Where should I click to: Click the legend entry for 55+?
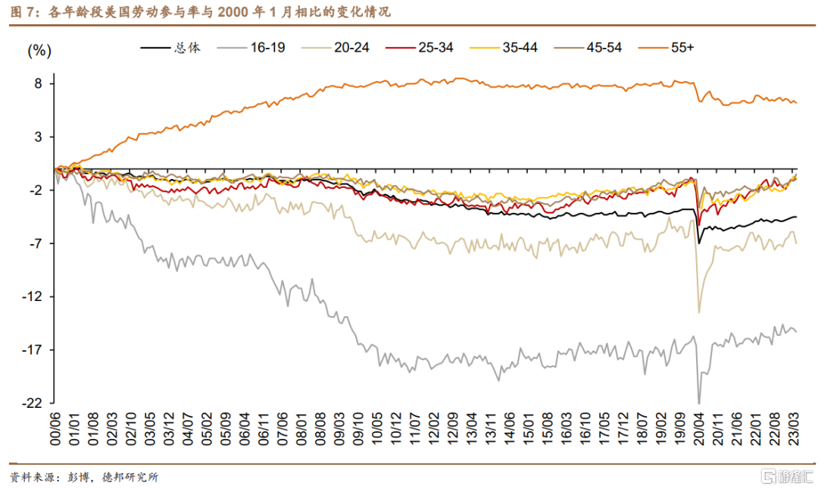tap(682, 47)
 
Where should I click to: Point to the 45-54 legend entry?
tap(604, 47)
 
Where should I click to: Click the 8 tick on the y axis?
tap(39, 83)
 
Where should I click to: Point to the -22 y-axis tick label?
tap(36, 403)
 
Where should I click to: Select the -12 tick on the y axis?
tap(36, 296)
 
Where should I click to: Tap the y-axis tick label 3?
tap(39, 136)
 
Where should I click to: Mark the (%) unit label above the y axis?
tap(39, 51)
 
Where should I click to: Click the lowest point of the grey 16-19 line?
tap(698, 403)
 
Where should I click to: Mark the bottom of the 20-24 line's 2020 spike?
tap(698, 312)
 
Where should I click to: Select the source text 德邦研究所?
tap(130, 478)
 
